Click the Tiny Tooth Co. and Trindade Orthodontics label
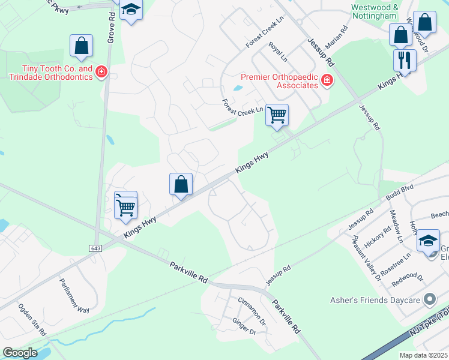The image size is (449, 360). [50, 73]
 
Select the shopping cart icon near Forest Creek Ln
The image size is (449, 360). [277, 115]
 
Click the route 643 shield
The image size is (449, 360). [97, 248]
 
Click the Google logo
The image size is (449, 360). [20, 353]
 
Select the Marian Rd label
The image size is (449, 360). [336, 37]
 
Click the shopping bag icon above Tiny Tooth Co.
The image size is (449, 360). [81, 46]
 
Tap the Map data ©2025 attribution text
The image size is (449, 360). [423, 355]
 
